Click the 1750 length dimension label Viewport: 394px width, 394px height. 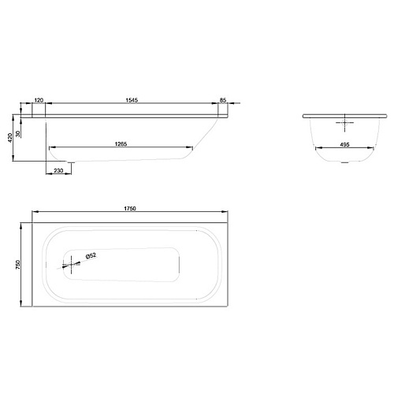[130, 209]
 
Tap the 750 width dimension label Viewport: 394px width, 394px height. [18, 265]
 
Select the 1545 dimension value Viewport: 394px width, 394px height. [132, 100]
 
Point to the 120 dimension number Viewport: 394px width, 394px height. [39, 100]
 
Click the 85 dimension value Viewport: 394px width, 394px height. [223, 100]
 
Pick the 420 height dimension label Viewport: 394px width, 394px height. [10, 138]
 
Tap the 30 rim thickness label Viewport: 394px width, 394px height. [18, 134]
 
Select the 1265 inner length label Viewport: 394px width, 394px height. [121, 144]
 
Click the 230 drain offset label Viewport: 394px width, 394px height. [58, 171]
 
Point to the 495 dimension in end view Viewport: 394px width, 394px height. [344, 145]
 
